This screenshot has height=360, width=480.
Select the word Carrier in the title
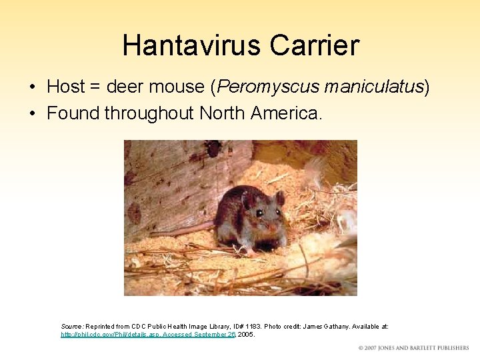point(314,46)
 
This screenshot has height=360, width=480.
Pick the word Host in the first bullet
point(66,87)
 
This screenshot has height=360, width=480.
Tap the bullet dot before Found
point(33,114)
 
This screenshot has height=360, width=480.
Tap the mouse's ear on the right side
point(280,198)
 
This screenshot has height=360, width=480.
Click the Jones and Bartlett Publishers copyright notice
point(413,348)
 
